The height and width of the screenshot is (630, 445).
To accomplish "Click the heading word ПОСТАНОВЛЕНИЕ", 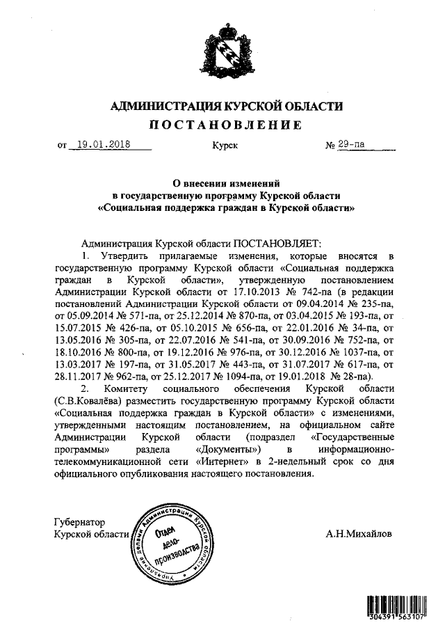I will pos(222,125).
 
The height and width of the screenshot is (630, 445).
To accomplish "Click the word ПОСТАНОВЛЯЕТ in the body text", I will pos(277,244).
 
